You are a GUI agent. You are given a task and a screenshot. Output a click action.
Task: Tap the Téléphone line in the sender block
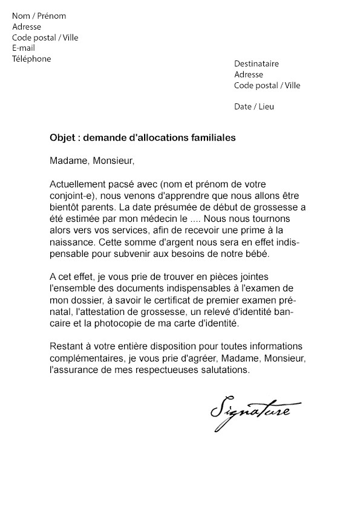pos(31,59)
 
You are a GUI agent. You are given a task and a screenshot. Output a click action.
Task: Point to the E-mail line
pos(24,48)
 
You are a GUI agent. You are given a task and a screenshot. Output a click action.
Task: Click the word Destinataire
pos(257,63)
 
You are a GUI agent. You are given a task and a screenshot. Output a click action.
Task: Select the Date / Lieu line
pos(254,106)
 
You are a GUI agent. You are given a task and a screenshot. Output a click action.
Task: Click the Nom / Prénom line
pos(39,16)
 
